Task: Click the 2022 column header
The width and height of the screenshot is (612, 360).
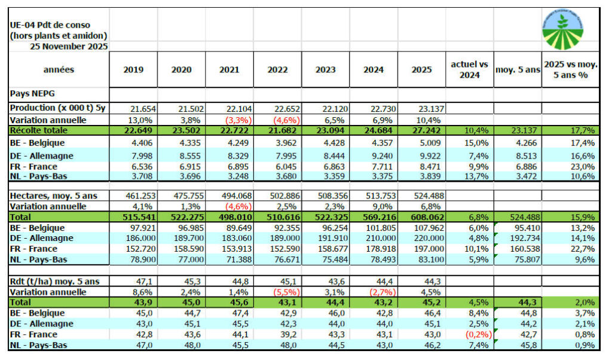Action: (277, 70)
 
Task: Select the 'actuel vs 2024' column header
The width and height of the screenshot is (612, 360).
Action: (469, 70)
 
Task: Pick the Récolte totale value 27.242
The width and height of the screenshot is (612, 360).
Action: (421, 130)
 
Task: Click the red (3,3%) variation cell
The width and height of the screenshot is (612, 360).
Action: (229, 120)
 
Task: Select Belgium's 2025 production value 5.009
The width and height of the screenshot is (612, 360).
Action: (421, 144)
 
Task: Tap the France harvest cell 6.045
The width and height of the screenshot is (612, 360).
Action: (277, 166)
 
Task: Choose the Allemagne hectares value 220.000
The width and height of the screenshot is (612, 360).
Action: (421, 239)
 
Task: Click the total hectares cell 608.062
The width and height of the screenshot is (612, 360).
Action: (421, 216)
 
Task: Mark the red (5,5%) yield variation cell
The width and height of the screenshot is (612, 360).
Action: (277, 292)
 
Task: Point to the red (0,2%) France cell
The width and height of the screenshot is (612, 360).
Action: (470, 335)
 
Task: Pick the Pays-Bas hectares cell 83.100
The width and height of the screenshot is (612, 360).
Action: (421, 260)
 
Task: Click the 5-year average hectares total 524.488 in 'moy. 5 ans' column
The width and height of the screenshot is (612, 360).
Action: (518, 216)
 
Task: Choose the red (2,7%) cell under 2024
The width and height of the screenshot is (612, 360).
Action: (374, 292)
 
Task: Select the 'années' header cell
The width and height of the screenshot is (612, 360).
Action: (59, 70)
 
